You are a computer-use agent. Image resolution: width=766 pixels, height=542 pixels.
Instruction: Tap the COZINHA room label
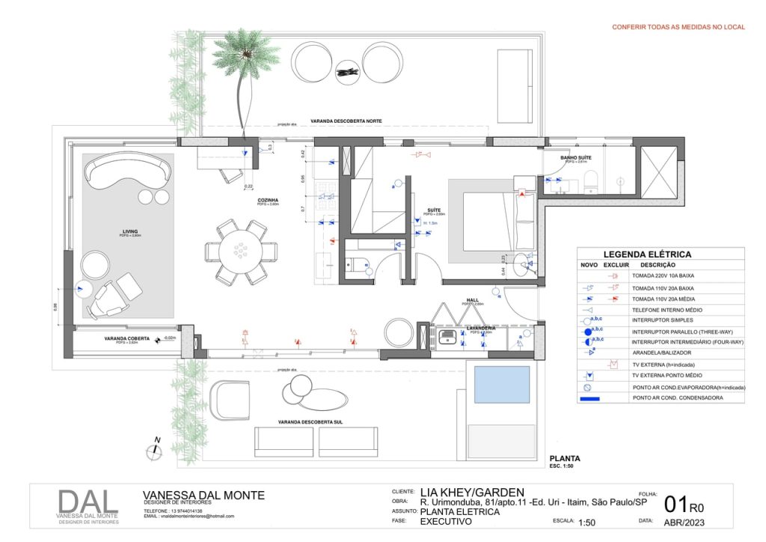[x=269, y=200]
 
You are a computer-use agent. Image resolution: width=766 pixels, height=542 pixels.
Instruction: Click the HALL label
[x=473, y=299]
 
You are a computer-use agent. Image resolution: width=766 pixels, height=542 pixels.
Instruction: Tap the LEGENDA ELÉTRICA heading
[x=647, y=255]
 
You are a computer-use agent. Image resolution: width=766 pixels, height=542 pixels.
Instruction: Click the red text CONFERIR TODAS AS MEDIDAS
[x=678, y=27]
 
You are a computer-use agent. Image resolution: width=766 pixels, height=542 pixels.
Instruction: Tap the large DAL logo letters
[x=88, y=503]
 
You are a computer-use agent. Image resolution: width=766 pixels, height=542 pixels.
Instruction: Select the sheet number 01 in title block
[x=675, y=505]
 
